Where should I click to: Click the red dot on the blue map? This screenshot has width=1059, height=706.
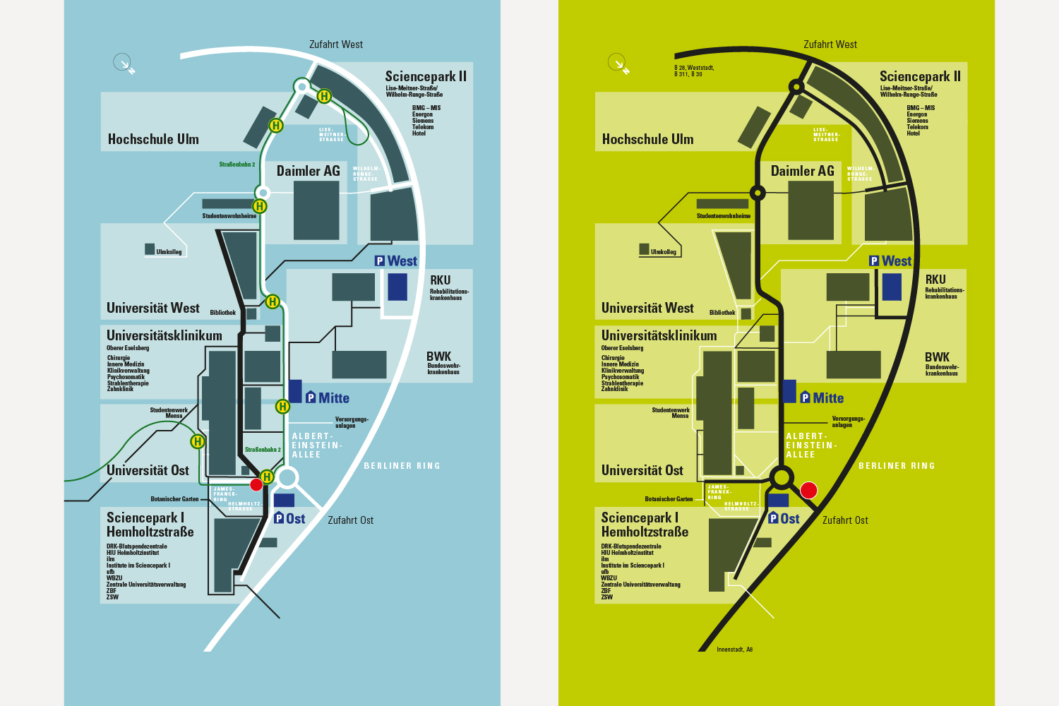256,484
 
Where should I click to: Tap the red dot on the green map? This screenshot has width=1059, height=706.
808,490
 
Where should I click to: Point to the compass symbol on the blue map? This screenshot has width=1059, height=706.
123,63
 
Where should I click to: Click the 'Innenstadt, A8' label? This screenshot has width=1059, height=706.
734,650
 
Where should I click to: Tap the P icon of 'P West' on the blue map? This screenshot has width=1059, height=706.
380,261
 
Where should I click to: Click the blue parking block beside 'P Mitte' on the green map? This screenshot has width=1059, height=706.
789,391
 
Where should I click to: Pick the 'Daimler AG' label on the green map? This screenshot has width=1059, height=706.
802,171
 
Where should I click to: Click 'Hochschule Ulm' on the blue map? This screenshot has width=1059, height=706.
153,139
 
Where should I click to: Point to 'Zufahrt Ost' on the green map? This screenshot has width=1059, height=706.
845,520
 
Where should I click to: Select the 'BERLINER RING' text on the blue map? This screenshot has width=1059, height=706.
402,466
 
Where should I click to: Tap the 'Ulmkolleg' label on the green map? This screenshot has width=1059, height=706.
663,252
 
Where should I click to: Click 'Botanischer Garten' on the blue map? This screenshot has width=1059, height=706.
174,499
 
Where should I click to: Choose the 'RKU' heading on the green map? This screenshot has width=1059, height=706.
935,280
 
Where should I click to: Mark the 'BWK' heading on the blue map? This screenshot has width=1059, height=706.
438,357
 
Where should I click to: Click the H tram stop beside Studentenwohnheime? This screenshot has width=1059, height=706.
260,206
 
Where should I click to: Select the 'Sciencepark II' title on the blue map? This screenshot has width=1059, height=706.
426,76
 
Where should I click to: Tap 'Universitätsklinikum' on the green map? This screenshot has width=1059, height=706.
659,336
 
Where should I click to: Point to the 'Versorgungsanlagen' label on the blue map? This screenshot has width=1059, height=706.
352,422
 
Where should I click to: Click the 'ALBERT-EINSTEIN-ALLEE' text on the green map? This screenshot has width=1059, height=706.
811,445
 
